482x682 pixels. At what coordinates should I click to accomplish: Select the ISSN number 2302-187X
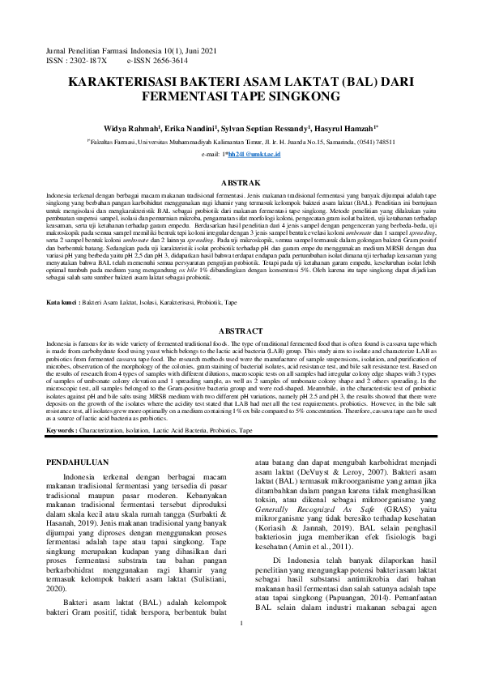click(87, 60)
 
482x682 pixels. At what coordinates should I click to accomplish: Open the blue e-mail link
click(252, 153)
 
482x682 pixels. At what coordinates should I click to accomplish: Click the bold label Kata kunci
click(63, 279)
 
